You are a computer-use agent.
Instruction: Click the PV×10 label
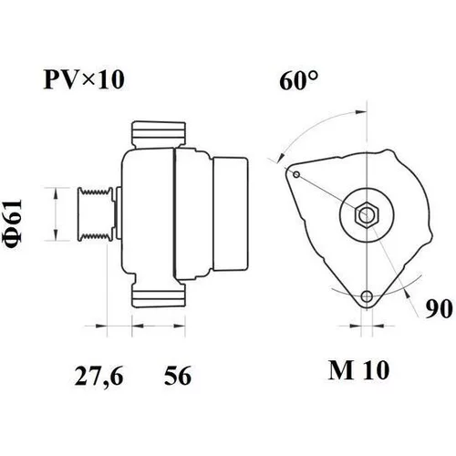(x=84, y=79)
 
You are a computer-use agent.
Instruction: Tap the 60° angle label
(x=299, y=80)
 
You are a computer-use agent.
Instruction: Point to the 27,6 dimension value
(x=99, y=377)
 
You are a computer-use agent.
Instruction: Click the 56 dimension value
(x=178, y=376)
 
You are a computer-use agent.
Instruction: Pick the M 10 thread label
(x=358, y=370)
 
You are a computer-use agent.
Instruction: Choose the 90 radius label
(x=439, y=308)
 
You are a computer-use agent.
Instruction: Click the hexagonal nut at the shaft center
(x=367, y=214)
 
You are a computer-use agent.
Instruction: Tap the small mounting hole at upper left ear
(x=296, y=174)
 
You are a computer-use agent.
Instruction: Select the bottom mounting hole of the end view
(x=367, y=295)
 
